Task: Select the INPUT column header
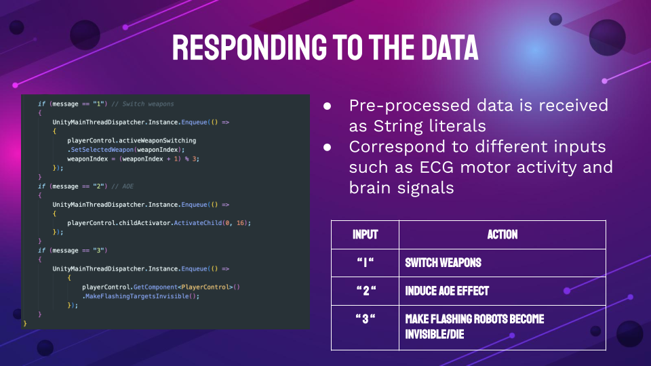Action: pyautogui.click(x=366, y=235)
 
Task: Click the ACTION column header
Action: pyautogui.click(x=502, y=235)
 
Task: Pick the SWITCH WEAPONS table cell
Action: pyautogui.click(x=443, y=263)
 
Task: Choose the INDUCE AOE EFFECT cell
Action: pyautogui.click(x=447, y=291)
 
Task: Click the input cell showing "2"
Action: pyautogui.click(x=366, y=291)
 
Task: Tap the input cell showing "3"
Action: pyautogui.click(x=366, y=319)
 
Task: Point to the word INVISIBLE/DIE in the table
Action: pyautogui.click(x=434, y=334)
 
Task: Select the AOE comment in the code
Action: pyautogui.click(x=123, y=186)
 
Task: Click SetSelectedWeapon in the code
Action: pyautogui.click(x=102, y=150)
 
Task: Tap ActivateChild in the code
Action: pyautogui.click(x=198, y=223)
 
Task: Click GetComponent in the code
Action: pyautogui.click(x=156, y=287)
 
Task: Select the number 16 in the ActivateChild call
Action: pyautogui.click(x=240, y=223)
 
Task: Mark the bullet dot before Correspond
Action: pyautogui.click(x=327, y=147)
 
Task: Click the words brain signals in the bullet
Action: pyautogui.click(x=401, y=188)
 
